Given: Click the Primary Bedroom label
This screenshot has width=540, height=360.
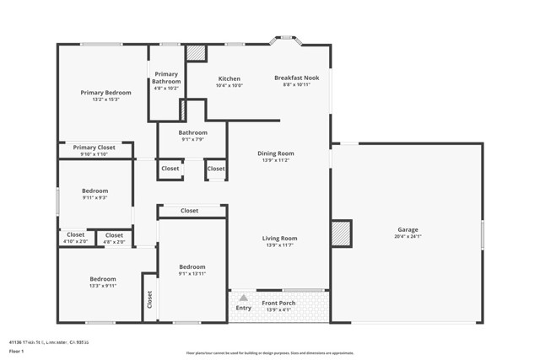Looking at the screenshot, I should click(x=105, y=92).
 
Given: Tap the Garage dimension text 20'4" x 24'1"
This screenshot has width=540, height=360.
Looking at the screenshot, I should click(x=408, y=238).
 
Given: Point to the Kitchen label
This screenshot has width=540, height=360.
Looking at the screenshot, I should click(x=229, y=78).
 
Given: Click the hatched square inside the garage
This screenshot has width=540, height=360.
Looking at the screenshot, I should click(x=340, y=233).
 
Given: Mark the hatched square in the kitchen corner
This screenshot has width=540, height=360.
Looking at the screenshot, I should click(x=197, y=52).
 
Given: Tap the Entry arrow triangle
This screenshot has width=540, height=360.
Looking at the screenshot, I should click(x=243, y=298).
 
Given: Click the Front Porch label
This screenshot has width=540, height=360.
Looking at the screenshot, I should click(x=278, y=303).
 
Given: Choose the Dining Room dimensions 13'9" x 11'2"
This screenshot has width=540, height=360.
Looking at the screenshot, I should click(x=276, y=160).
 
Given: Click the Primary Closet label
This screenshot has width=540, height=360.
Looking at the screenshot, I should click(x=94, y=147).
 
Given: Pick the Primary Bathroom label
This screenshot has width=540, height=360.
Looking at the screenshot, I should click(x=166, y=77).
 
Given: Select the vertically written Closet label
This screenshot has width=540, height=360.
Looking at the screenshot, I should click(x=149, y=298).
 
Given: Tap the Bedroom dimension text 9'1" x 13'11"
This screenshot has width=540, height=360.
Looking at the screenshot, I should click(x=192, y=274).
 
